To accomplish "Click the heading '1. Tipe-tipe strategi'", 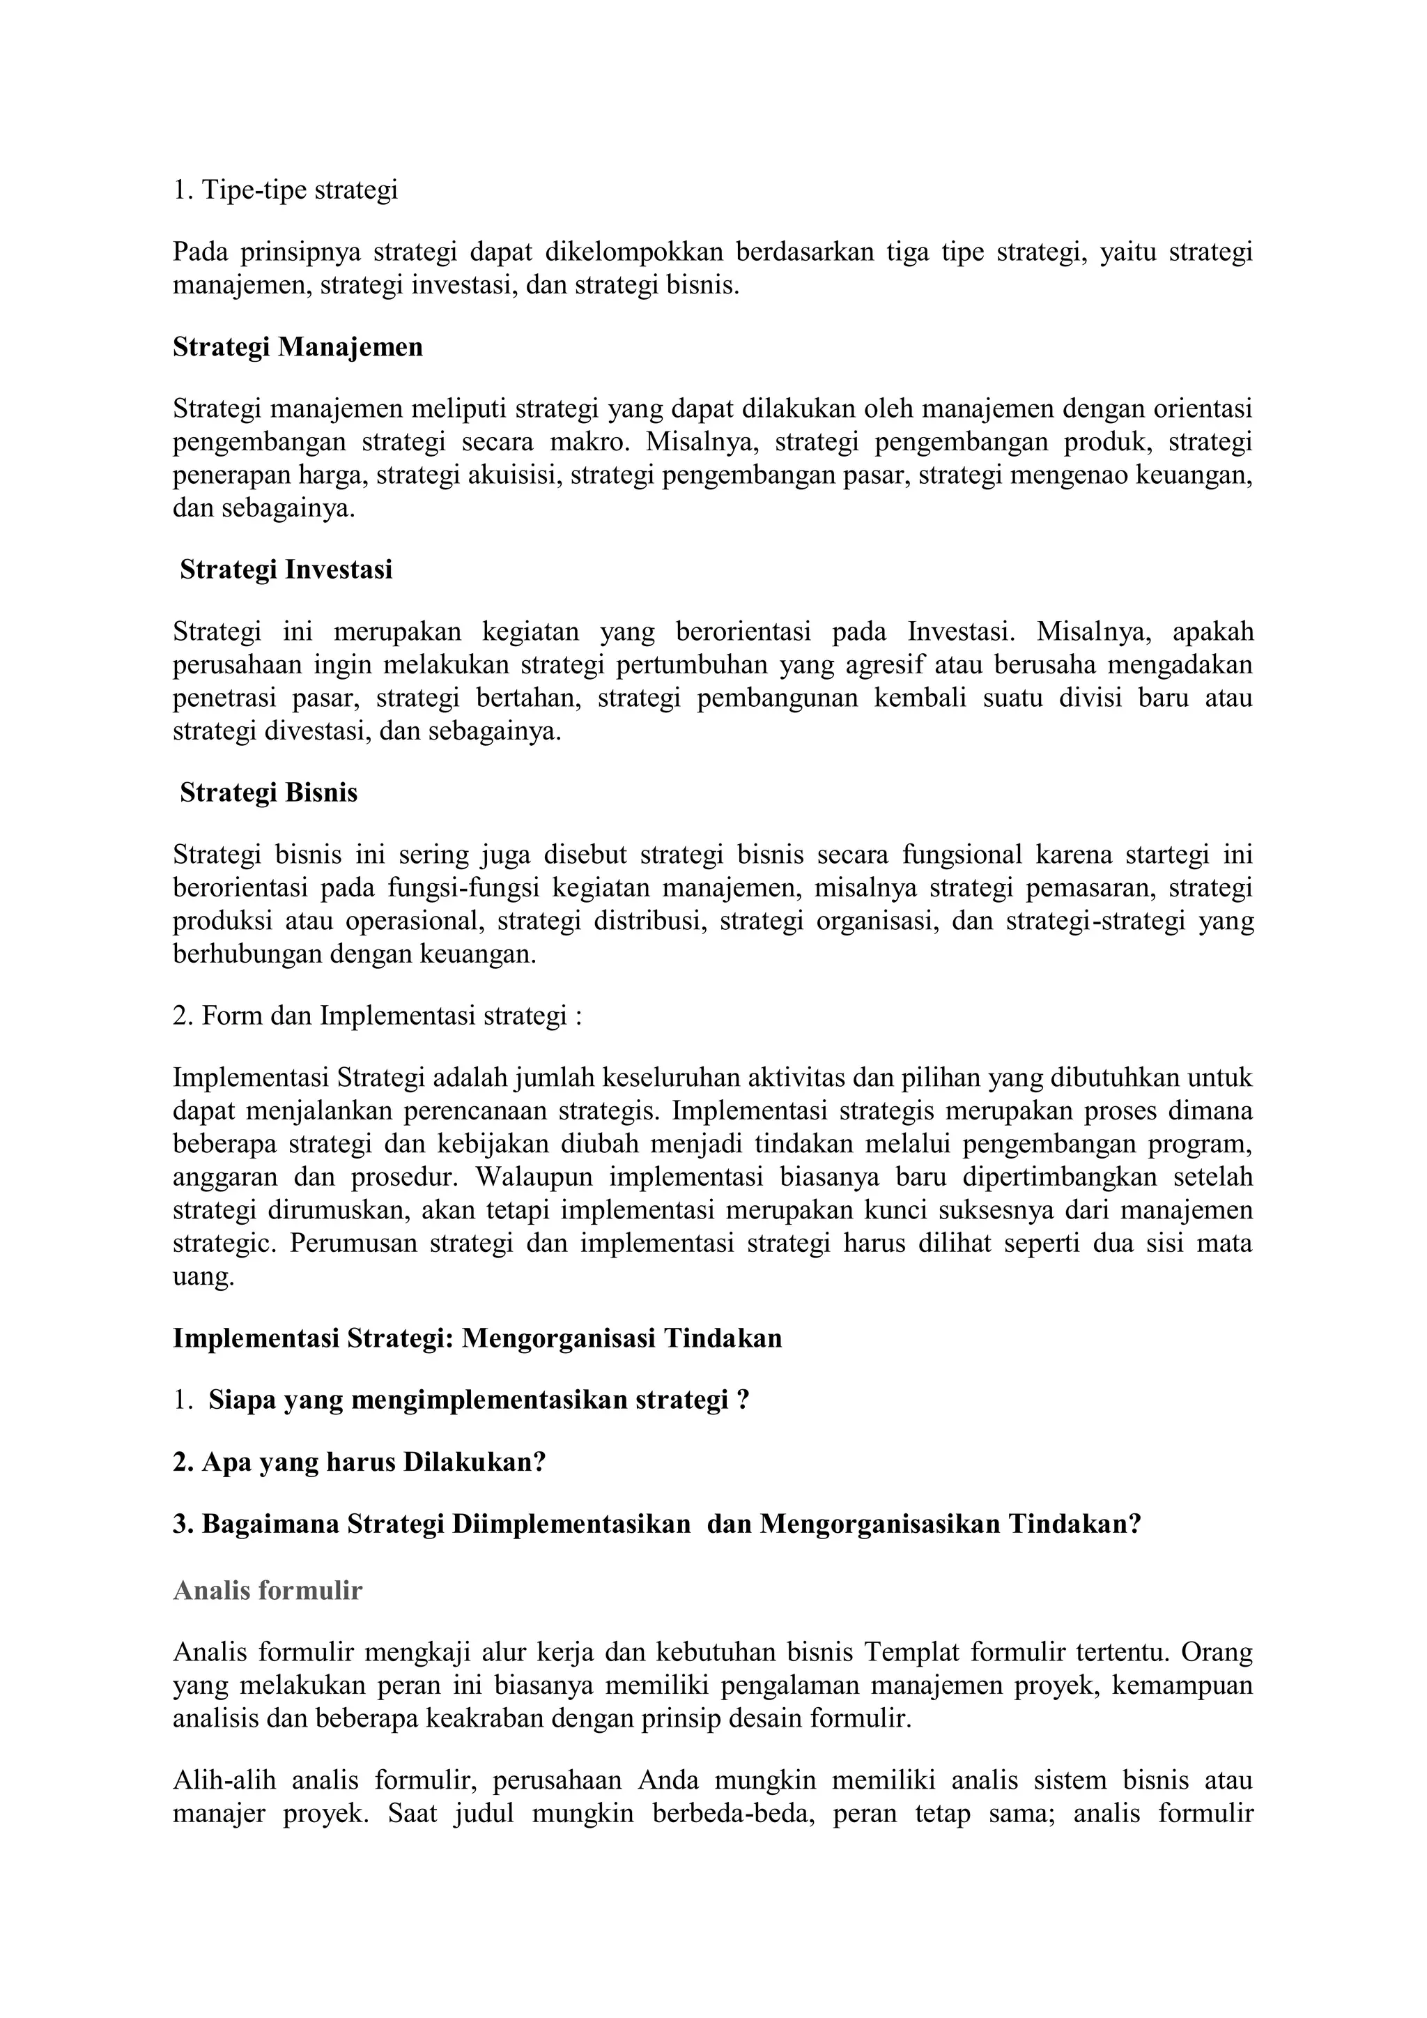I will click(x=285, y=190).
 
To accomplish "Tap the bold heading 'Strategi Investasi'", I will click(x=286, y=570).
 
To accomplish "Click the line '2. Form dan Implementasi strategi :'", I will click(x=377, y=1016).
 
